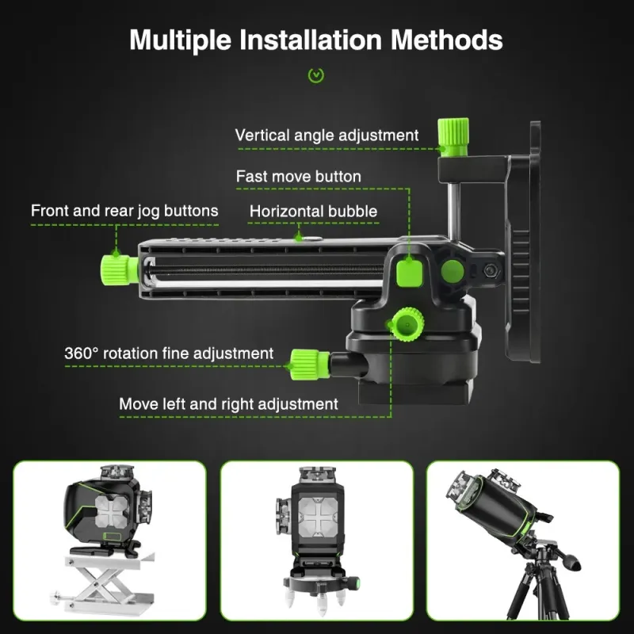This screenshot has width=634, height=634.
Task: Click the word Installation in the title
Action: (x=310, y=40)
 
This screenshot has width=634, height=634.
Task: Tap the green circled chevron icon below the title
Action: (x=315, y=75)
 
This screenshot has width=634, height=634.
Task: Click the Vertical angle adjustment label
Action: (x=327, y=135)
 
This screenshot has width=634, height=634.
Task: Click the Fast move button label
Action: (x=299, y=176)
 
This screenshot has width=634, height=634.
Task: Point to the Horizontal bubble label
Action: (x=313, y=211)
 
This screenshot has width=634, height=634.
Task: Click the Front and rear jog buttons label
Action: (x=124, y=211)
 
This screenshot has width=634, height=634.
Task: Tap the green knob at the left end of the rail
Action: (x=120, y=269)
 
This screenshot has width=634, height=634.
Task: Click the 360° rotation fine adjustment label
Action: (x=169, y=353)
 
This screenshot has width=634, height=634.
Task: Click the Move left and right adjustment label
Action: (x=228, y=404)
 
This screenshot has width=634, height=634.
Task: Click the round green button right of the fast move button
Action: (x=452, y=270)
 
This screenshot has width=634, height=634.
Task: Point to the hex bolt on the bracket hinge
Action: (x=491, y=270)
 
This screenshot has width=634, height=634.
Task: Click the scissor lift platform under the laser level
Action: (x=104, y=583)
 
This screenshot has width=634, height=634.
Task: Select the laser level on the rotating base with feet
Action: (x=317, y=534)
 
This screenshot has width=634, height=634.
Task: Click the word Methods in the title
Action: (x=446, y=40)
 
